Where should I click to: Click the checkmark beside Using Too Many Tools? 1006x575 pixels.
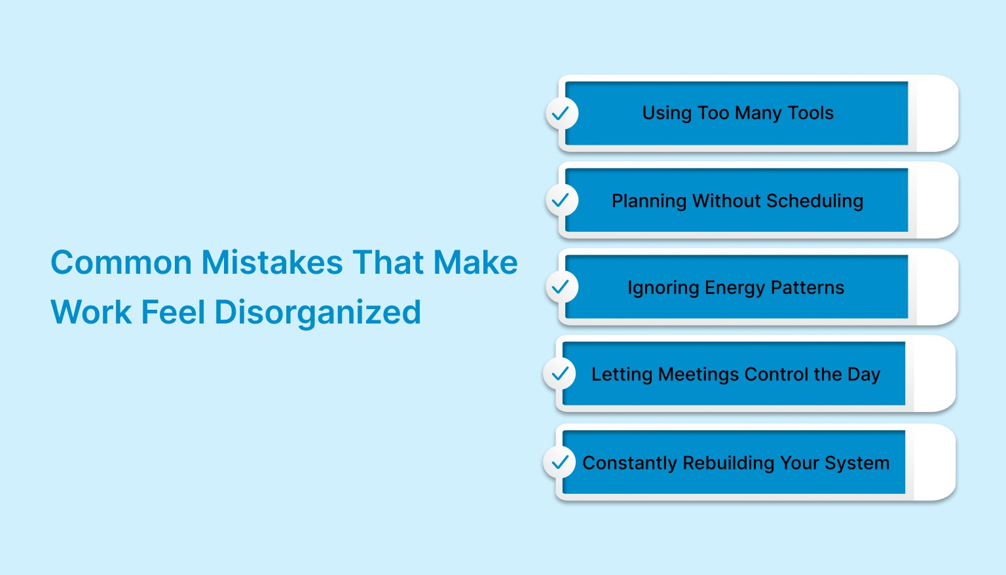click(561, 113)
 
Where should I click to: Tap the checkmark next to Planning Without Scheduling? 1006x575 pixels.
click(561, 200)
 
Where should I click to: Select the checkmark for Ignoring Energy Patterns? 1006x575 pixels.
click(561, 287)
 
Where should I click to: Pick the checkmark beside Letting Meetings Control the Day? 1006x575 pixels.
click(559, 374)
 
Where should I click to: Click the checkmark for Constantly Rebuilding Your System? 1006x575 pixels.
click(559, 462)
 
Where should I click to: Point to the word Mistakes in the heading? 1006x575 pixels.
click(272, 263)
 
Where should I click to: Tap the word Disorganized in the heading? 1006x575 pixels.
click(318, 312)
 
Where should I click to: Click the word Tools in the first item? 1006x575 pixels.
click(811, 113)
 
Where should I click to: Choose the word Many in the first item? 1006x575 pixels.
click(758, 114)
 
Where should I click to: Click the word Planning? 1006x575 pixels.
click(648, 201)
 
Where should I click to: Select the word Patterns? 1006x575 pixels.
click(807, 287)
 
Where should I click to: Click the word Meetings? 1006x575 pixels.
click(698, 375)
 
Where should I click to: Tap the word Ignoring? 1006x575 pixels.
click(663, 288)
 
